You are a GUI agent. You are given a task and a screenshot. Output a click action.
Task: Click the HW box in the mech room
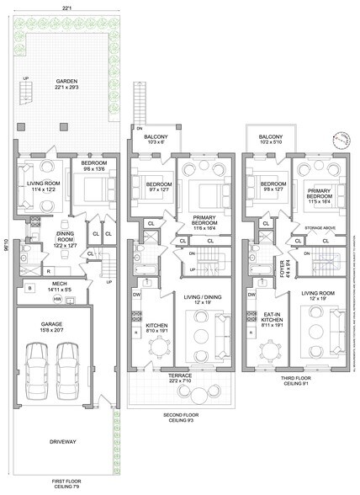coord(58,300)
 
